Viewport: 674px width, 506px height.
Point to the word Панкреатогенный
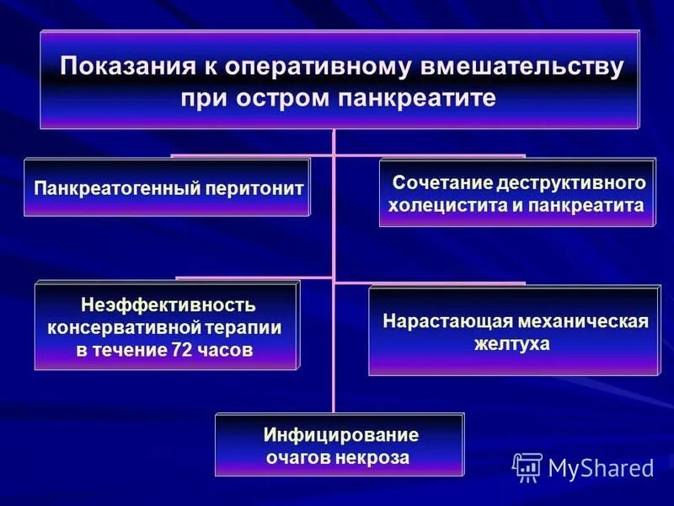115,187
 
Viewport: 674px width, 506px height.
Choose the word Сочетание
442,183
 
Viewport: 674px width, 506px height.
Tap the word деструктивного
572,183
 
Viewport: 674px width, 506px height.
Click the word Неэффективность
168,304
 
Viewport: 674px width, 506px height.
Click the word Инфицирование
340,435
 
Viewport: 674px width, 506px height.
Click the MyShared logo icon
527,466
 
